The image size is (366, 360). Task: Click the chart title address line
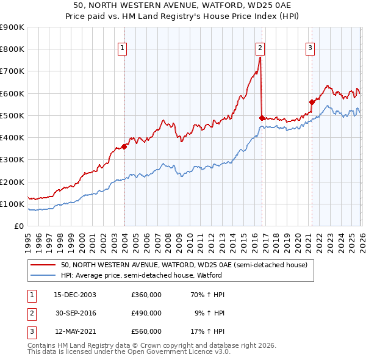(x=183, y=5)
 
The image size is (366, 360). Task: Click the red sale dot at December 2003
(x=124, y=146)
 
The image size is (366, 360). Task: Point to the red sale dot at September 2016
(x=262, y=117)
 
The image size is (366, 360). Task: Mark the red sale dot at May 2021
(x=312, y=102)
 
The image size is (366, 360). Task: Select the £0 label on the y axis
(x=18, y=226)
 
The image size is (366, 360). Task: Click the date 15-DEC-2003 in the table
(x=75, y=295)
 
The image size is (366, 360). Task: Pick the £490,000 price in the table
(x=146, y=313)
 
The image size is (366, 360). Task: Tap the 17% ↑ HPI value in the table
(x=209, y=331)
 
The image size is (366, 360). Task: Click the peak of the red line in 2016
(x=260, y=57)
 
